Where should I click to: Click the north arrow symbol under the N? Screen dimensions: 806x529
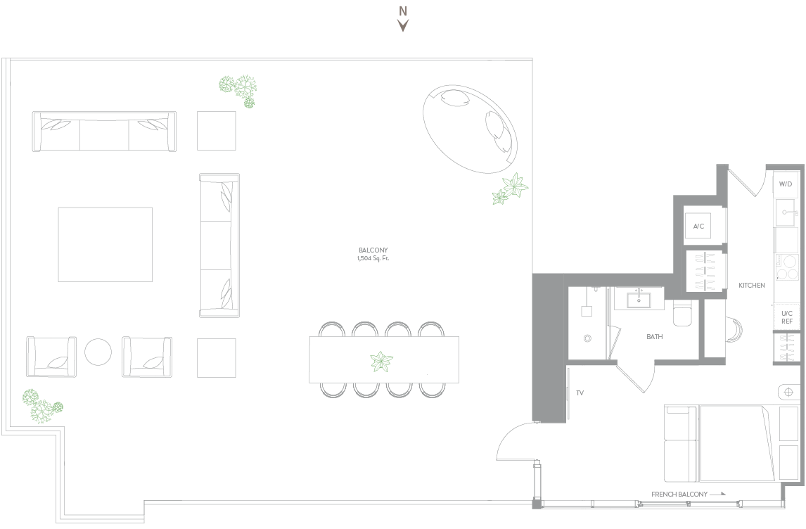point(403,25)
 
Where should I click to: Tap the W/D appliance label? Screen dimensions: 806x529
point(786,184)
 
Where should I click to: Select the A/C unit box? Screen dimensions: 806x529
point(698,227)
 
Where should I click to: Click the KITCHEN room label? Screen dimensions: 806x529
point(752,286)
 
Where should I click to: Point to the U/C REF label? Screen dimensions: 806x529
point(787,317)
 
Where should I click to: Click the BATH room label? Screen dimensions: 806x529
point(654,337)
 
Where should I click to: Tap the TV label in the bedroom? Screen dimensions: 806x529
point(580,393)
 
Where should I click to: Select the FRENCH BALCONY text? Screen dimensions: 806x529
point(679,494)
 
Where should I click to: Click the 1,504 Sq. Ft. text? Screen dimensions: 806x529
point(373,258)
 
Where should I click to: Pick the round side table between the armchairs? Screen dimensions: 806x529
point(98,352)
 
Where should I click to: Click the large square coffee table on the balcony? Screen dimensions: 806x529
point(105,245)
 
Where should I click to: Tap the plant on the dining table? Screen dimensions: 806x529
point(381,362)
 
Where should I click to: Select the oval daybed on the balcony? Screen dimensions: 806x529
point(470,129)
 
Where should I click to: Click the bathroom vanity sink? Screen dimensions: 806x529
point(639,299)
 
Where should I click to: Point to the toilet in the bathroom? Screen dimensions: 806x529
point(683,314)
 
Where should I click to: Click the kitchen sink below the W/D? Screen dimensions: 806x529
point(786,212)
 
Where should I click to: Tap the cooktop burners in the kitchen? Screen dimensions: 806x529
point(786,267)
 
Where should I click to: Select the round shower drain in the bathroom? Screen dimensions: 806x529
point(587,338)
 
